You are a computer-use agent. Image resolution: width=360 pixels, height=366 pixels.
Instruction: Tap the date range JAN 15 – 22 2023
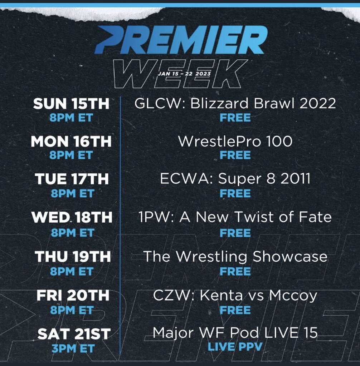[184, 74]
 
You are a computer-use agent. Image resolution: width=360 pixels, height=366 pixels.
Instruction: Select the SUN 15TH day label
[71, 104]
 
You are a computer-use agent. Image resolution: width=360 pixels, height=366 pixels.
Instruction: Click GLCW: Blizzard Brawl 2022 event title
[235, 103]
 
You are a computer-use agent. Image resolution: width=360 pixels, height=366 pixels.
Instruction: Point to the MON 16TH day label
[71, 142]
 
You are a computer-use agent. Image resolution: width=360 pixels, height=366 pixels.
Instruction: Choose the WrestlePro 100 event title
[235, 141]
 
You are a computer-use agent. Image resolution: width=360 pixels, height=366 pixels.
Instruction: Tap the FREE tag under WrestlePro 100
[235, 155]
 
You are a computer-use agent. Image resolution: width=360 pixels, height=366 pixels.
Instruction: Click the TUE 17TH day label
[72, 179]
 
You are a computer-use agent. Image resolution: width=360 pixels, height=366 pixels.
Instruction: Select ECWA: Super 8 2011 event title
[235, 179]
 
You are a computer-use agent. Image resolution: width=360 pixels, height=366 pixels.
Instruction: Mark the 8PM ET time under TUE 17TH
[73, 193]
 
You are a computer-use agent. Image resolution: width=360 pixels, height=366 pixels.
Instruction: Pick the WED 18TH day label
[72, 218]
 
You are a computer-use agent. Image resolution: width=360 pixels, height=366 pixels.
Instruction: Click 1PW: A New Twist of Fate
[235, 217]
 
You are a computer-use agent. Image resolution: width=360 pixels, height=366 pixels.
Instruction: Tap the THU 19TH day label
[73, 257]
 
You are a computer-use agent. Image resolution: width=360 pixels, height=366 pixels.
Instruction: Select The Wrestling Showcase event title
[235, 257]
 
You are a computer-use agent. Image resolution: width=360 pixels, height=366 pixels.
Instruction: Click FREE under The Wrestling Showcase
[235, 272]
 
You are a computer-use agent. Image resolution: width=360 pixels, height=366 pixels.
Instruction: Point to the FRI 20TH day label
[73, 296]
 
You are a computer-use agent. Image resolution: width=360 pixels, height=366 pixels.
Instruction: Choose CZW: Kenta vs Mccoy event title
[235, 296]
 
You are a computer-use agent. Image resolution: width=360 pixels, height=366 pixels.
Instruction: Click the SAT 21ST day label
[74, 334]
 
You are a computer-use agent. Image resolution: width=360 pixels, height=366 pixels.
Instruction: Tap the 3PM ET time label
[73, 349]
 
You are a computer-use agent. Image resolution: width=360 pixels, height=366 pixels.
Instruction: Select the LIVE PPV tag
[235, 347]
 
